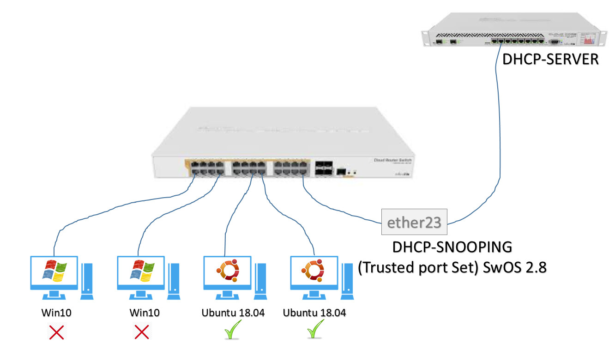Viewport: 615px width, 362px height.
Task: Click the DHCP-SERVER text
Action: (550, 60)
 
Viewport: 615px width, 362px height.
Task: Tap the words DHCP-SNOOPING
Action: (452, 247)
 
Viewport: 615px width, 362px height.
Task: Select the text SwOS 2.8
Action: (512, 267)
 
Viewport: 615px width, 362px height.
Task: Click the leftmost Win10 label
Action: (57, 313)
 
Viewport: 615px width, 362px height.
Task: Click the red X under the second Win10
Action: (141, 332)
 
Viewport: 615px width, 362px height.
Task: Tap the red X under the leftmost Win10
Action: (57, 332)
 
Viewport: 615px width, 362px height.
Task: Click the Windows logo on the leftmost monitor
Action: (54, 271)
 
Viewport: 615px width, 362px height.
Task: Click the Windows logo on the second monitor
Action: (141, 271)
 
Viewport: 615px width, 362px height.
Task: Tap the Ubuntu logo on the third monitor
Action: (227, 271)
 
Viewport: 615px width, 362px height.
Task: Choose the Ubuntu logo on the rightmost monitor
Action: (312, 271)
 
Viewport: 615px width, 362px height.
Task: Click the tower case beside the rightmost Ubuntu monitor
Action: (347, 280)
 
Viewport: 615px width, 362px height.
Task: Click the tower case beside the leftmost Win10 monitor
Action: (87, 280)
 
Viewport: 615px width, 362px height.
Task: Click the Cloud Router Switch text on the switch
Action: (393, 160)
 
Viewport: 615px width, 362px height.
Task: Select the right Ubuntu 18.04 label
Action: (314, 313)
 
